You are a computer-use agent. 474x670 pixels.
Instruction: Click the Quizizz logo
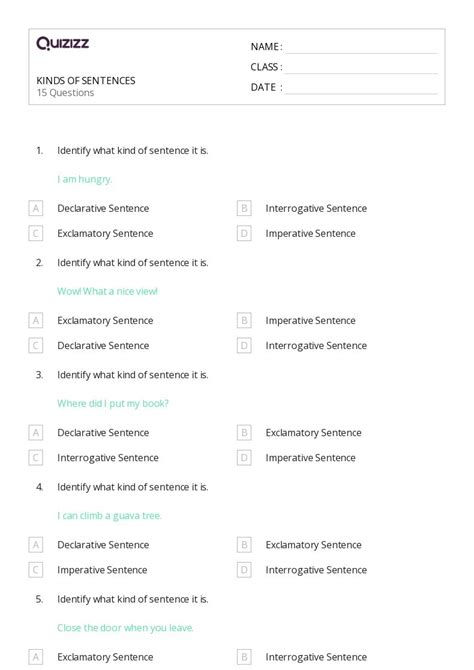click(x=62, y=44)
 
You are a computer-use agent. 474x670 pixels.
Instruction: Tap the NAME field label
click(x=266, y=47)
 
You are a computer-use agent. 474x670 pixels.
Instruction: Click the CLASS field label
click(x=266, y=67)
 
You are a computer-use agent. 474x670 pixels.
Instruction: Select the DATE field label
click(x=265, y=87)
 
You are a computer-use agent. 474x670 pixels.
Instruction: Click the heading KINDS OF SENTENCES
click(x=86, y=81)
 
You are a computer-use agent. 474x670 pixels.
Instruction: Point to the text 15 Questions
click(x=65, y=93)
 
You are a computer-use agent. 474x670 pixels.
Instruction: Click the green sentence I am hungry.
click(x=85, y=179)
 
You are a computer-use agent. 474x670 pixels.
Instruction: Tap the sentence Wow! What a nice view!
click(x=107, y=291)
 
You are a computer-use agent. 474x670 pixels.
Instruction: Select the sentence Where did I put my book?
click(x=113, y=403)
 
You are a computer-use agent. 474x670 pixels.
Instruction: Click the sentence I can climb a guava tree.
click(x=109, y=515)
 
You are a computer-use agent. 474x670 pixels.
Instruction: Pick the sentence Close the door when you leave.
click(x=125, y=627)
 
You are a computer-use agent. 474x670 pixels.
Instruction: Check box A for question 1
click(x=36, y=208)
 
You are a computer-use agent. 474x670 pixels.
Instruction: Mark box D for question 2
click(x=244, y=345)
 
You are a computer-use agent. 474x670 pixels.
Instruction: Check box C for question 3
click(x=36, y=457)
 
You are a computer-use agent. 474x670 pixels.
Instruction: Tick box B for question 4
click(x=244, y=545)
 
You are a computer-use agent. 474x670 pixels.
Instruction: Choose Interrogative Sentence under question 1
click(x=316, y=208)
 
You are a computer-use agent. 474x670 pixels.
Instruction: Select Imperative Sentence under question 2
click(x=310, y=320)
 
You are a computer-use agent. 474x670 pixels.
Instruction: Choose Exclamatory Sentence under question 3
click(x=313, y=433)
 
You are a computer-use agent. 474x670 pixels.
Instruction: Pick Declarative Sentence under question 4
click(x=103, y=545)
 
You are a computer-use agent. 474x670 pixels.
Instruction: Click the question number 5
click(x=39, y=599)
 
